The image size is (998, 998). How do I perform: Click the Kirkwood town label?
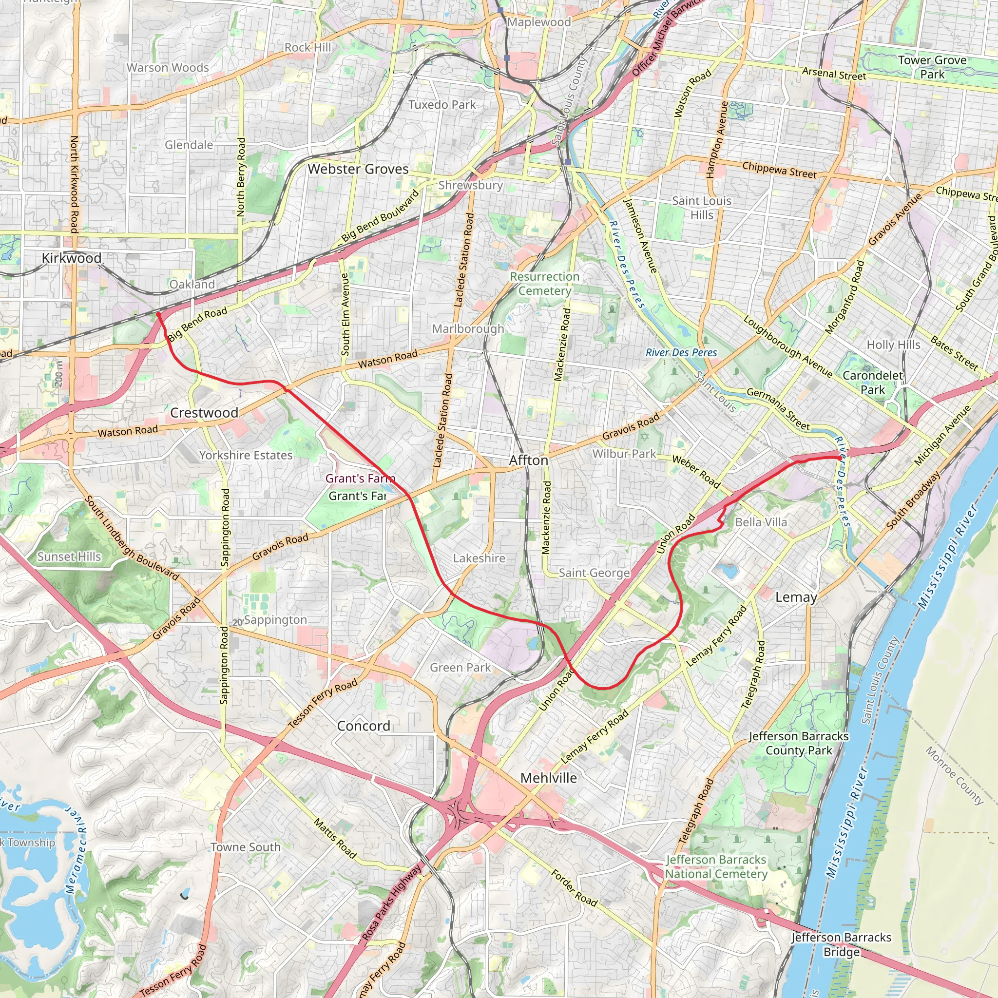pos(71,258)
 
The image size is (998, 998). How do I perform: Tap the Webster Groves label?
pos(358,169)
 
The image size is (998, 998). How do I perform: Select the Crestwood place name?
pos(204,413)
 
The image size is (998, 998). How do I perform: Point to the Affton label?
pos(528,460)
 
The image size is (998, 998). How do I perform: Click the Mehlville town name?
pos(549,778)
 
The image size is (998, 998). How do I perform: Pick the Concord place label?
pos(363,726)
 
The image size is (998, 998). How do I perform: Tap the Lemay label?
pos(796,597)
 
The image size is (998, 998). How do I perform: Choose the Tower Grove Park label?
pos(932,67)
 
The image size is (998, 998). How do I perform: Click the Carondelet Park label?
pos(872,383)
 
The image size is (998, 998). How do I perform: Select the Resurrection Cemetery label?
pos(544,284)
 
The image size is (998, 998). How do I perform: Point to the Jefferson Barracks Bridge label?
pos(842,945)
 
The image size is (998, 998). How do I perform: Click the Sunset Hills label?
pos(69,557)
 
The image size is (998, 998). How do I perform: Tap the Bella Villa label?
pos(761,522)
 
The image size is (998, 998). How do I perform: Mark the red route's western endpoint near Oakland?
pos(158,314)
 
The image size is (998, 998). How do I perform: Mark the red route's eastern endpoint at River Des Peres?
pos(838,457)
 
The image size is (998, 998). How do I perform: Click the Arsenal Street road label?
pos(834,74)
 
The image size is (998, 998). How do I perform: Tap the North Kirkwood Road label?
pos(75,184)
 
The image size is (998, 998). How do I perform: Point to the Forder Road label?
pos(574,888)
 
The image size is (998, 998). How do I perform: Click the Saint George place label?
pos(594,573)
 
